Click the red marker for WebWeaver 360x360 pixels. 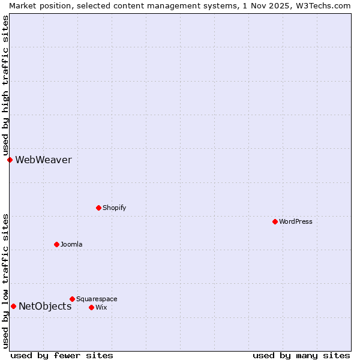10,160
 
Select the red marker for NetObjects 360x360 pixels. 13,307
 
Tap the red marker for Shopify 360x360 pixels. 98,208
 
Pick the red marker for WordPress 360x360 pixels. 275,221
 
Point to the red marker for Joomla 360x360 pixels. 56,244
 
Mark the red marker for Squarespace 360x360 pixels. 72,299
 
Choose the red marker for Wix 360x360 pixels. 91,307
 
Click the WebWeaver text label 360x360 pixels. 43,160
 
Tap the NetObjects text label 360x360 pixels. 45,307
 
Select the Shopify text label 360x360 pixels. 114,208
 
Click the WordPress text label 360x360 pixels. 295,221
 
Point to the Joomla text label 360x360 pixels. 71,244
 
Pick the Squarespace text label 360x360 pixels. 97,299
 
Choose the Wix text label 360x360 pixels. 101,307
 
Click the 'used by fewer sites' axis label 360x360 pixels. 62,355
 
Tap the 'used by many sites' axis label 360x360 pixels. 301,355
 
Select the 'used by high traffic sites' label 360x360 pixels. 5,85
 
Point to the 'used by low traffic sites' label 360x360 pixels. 5,281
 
